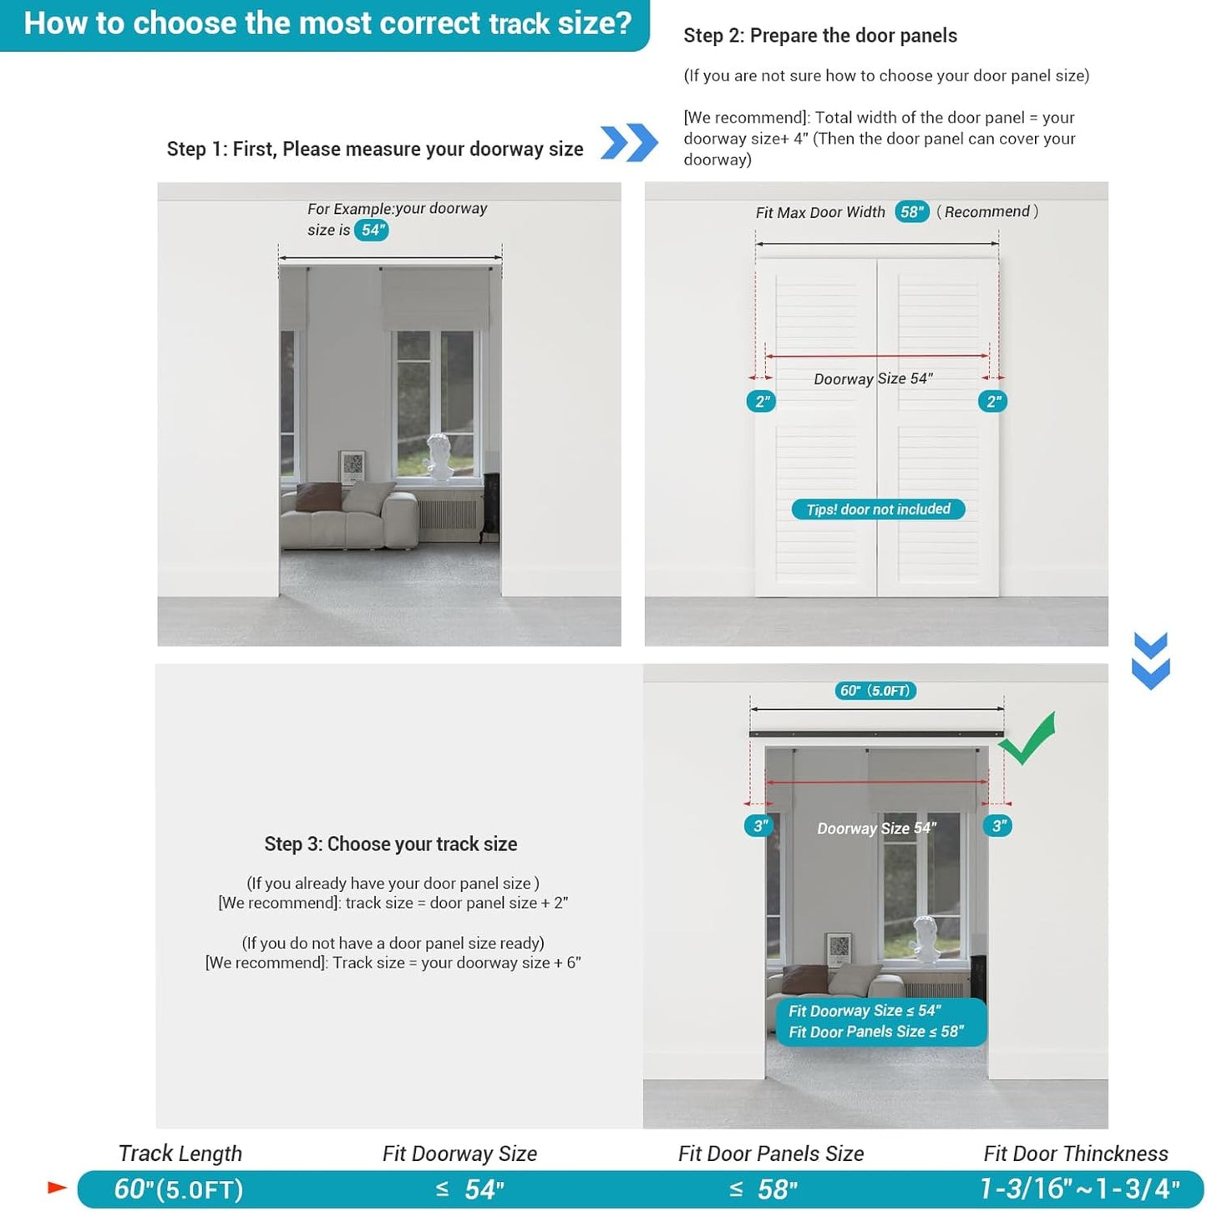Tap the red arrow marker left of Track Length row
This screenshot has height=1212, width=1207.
tap(57, 1187)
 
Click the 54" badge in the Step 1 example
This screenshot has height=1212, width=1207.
tap(372, 230)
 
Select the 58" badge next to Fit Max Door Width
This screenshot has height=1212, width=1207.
tap(911, 211)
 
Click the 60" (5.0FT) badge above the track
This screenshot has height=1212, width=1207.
tap(875, 691)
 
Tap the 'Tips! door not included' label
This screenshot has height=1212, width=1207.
tap(878, 510)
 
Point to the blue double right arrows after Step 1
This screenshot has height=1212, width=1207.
tap(629, 142)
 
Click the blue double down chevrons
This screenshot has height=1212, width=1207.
tap(1150, 660)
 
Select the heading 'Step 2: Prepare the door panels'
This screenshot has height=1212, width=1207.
tap(819, 36)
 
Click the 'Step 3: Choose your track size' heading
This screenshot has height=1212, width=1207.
tap(391, 844)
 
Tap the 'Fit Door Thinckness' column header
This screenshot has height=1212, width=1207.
tap(1075, 1154)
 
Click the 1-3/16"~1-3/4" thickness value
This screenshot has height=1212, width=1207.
tap(1079, 1189)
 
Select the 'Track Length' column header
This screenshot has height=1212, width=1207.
tap(180, 1154)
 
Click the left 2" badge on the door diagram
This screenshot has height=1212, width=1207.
tap(762, 402)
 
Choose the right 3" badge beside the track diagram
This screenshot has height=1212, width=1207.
tap(997, 826)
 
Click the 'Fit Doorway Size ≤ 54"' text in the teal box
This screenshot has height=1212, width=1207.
tap(865, 1011)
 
